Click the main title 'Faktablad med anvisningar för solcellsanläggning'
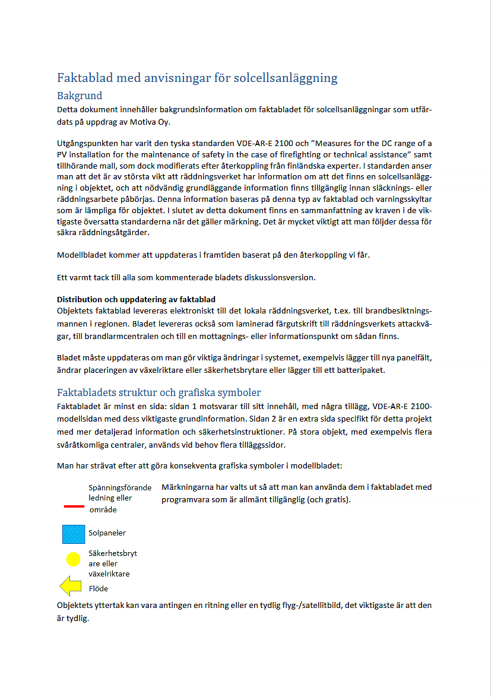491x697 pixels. [197, 78]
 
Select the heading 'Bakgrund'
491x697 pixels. [80, 96]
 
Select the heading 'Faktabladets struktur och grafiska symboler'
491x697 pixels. [159, 392]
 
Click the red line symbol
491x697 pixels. [73, 506]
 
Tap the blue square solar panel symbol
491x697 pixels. [74, 533]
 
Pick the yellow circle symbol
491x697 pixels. [73, 559]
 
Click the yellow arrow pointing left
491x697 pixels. [71, 587]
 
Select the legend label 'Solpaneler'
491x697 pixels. [107, 533]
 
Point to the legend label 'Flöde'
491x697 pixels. [99, 589]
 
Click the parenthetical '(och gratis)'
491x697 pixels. [328, 499]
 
